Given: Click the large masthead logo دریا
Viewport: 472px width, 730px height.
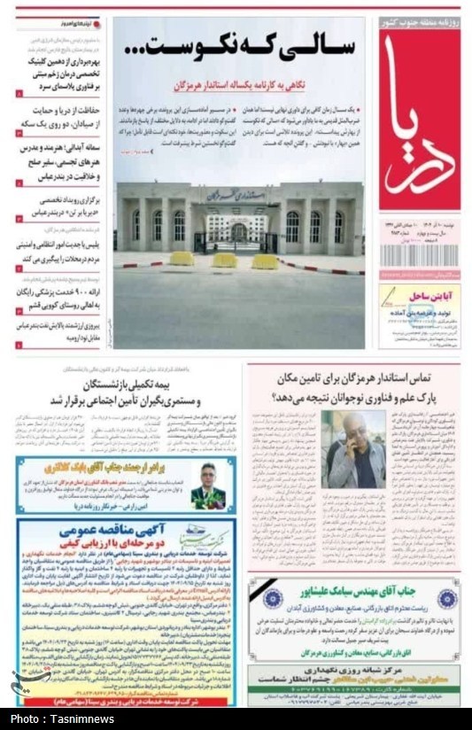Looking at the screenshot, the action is click(x=419, y=125).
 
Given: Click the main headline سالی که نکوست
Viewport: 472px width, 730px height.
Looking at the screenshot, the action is click(x=240, y=49).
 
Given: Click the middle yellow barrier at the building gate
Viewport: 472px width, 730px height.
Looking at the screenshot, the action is click(x=223, y=260).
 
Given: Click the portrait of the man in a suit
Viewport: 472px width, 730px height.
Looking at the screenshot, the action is click(x=207, y=485).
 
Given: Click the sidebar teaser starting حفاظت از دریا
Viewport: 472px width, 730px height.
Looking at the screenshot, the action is click(x=58, y=115).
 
